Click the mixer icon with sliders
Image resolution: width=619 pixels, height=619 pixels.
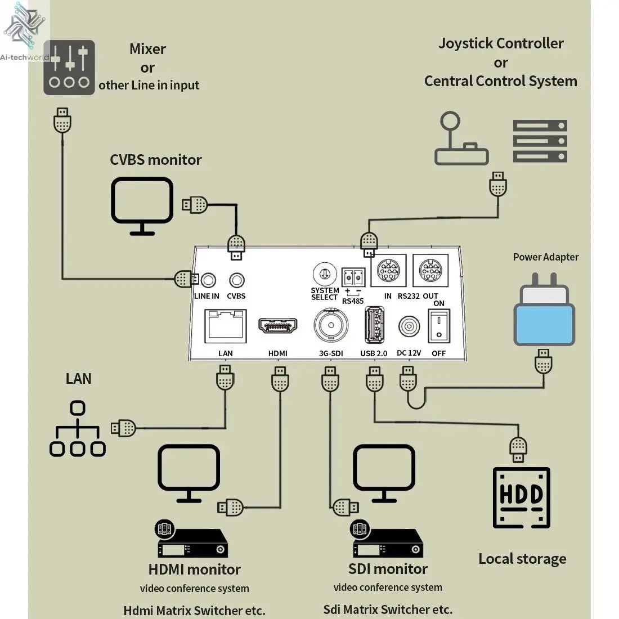point(69,68)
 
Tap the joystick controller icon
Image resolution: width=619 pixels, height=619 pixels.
point(460,140)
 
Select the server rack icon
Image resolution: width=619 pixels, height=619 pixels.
point(540,141)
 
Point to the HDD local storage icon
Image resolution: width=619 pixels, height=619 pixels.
point(521,497)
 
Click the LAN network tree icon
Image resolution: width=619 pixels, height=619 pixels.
point(78,429)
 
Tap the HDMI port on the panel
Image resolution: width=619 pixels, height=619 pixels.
point(278,327)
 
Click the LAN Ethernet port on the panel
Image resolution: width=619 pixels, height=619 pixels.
point(225,327)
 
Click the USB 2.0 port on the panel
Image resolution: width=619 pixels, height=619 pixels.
point(374,326)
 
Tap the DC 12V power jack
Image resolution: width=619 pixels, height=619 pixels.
point(409,327)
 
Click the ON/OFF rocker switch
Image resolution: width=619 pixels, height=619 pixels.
point(439,327)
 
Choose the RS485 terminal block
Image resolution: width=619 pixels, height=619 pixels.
point(353,277)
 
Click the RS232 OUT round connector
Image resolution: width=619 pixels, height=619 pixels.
point(430,271)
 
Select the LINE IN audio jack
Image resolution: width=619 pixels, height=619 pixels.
point(209,280)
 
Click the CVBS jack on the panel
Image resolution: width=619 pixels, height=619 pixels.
point(236,280)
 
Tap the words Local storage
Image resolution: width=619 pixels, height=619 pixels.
point(522,559)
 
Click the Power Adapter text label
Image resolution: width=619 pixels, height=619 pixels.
point(545,257)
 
